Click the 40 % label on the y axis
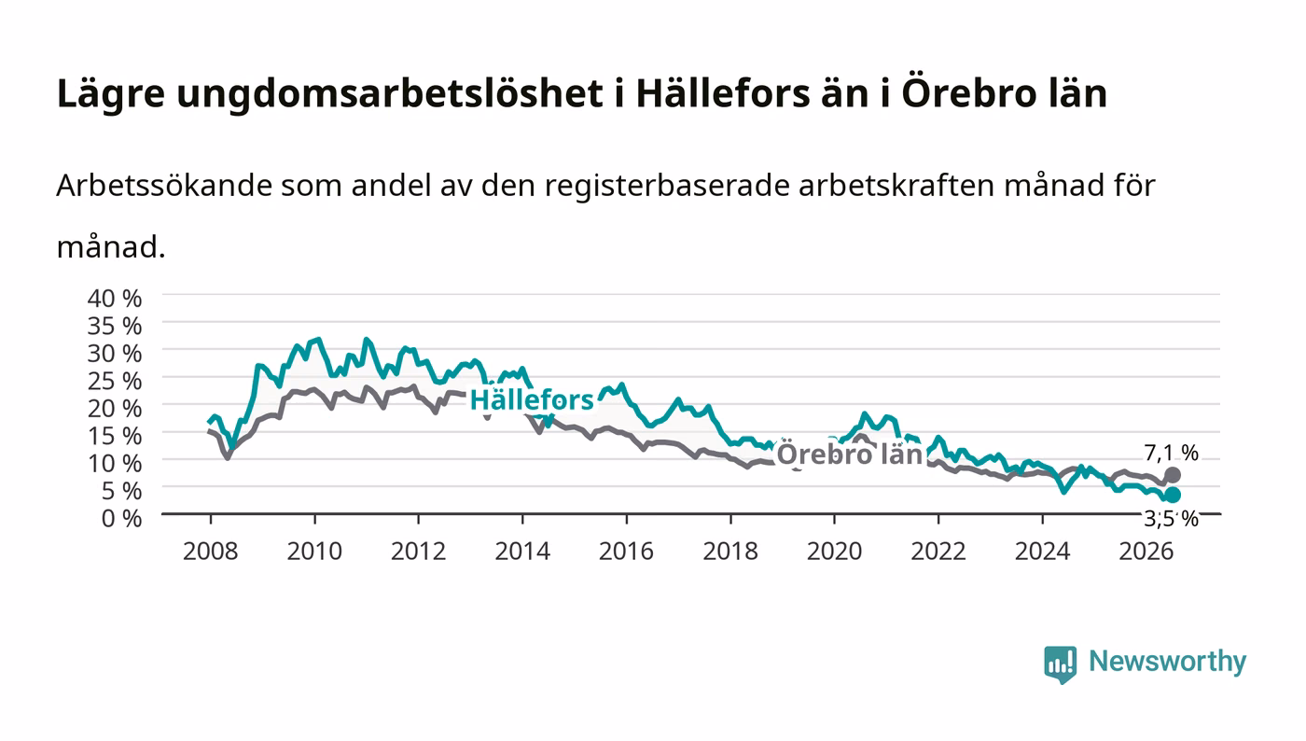(114, 298)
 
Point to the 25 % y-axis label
(114, 381)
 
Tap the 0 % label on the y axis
(121, 518)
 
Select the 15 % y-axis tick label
(114, 436)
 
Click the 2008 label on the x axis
(211, 551)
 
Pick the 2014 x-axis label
(522, 551)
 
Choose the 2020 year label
(834, 551)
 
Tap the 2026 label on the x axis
(1146, 551)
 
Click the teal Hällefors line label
(532, 400)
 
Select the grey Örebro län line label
(850, 454)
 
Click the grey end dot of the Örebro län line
(1173, 475)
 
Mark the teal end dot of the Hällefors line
(1173, 495)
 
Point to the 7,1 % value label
(1172, 453)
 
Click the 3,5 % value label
(1172, 518)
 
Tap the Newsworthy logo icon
(1061, 664)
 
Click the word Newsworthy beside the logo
(1168, 662)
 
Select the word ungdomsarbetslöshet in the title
(390, 93)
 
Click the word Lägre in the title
(111, 94)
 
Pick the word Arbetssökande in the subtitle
(164, 186)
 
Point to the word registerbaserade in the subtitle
(666, 187)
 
